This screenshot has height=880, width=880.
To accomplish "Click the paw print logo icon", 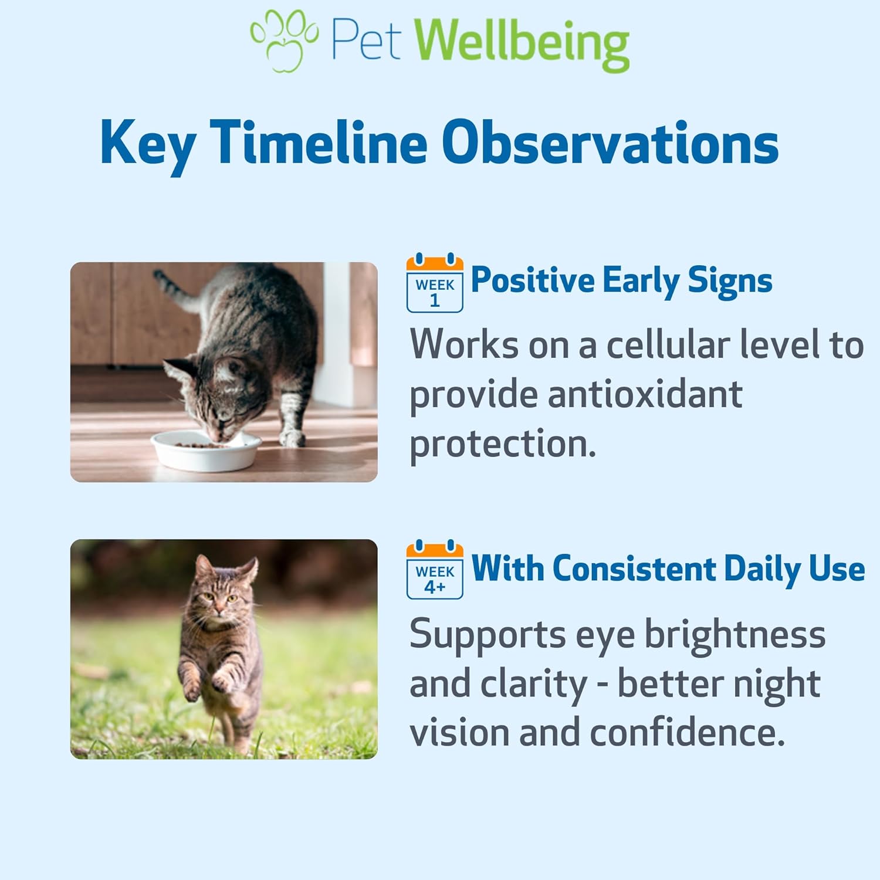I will pyautogui.click(x=284, y=40).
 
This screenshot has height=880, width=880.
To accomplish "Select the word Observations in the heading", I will pyautogui.click(x=610, y=143).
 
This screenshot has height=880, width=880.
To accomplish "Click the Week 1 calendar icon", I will pyautogui.click(x=435, y=283).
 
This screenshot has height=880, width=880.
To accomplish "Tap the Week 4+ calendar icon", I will pyautogui.click(x=435, y=570).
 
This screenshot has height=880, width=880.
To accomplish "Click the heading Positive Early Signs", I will pyautogui.click(x=621, y=280).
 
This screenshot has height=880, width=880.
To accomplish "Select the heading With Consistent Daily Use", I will pyautogui.click(x=668, y=568).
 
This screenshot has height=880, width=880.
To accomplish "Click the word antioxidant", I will pyautogui.click(x=645, y=394).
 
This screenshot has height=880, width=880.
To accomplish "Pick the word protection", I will pyautogui.click(x=503, y=444).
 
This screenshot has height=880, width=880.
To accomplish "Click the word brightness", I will pyautogui.click(x=735, y=634).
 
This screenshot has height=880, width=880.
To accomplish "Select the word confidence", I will pyautogui.click(x=687, y=733).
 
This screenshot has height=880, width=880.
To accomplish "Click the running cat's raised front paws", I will pyautogui.click(x=205, y=685).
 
